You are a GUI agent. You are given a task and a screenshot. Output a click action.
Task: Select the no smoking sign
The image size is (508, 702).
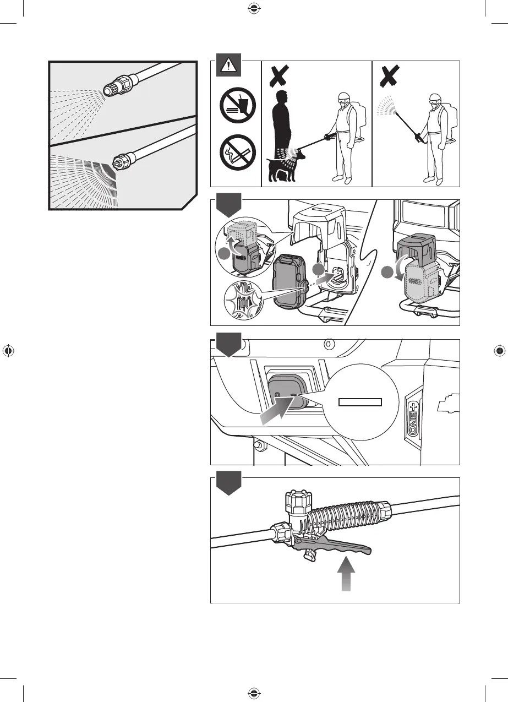click(x=236, y=150)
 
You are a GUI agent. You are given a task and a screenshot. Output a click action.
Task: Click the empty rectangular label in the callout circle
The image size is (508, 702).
click(x=360, y=401)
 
